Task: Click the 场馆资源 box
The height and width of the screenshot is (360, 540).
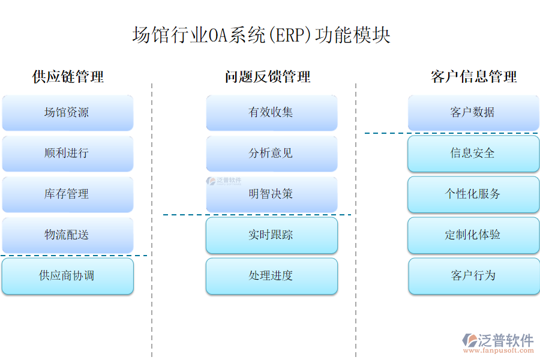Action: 67,113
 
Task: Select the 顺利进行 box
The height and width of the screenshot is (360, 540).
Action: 67,154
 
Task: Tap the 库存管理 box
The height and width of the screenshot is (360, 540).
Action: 67,194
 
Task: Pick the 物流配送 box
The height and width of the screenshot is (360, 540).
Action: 67,235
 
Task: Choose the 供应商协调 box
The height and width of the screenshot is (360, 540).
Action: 67,276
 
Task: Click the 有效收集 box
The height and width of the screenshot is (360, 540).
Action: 271,113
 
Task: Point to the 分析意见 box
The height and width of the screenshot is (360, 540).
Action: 271,154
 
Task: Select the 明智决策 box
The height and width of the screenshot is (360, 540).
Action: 271,194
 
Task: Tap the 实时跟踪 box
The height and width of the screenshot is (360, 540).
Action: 271,235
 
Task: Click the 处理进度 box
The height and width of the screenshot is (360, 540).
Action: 271,276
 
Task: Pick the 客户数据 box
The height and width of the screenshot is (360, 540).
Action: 473,113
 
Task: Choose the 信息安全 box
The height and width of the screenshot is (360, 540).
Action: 473,154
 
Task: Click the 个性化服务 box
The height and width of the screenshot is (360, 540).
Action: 473,194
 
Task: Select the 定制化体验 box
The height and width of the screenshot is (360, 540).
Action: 473,235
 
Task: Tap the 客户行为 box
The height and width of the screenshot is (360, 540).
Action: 473,276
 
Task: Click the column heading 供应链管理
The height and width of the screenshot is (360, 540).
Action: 68,77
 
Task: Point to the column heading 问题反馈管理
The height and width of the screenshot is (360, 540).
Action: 268,77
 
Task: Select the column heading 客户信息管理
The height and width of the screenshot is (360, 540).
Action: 473,77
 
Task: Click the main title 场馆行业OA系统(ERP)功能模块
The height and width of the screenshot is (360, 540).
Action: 261,35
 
